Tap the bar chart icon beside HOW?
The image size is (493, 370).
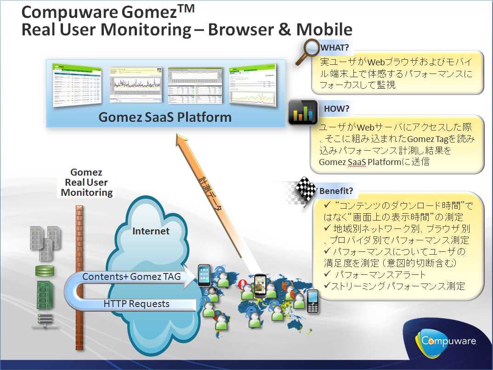pyautogui.click(x=303, y=113)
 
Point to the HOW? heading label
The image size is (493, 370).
pyautogui.click(x=337, y=109)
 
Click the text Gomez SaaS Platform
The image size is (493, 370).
pyautogui.click(x=165, y=117)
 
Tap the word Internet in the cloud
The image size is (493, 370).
pyautogui.click(x=151, y=231)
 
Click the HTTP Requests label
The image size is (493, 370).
pyautogui.click(x=136, y=304)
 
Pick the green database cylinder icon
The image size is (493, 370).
pyautogui.click(x=45, y=271)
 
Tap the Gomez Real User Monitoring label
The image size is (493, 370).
pyautogui.click(x=86, y=182)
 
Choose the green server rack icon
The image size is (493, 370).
pyautogui.click(x=44, y=295)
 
